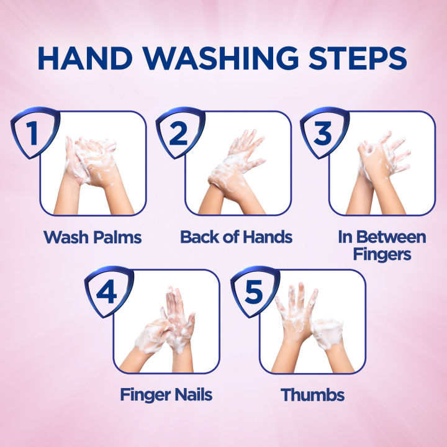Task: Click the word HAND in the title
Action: (85, 58)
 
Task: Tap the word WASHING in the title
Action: (220, 58)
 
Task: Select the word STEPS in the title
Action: (358, 58)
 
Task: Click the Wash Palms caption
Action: (93, 237)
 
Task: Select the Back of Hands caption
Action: (237, 237)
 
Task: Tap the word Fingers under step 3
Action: (382, 255)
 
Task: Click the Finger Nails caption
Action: (166, 395)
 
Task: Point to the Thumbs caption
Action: (312, 395)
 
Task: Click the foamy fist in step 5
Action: (328, 334)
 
